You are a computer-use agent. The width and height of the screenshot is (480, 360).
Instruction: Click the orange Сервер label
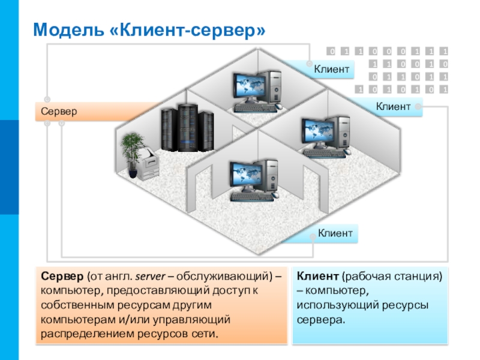pos(59,111)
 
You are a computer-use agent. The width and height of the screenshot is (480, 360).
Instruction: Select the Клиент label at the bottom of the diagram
pos(335,233)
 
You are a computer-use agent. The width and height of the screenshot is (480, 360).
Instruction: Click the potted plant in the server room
pos(132,154)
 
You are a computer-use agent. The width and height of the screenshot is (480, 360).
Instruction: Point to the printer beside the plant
pos(148,164)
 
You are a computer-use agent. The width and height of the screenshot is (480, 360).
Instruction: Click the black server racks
pos(187,128)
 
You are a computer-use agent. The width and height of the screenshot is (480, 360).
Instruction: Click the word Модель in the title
pos(68,29)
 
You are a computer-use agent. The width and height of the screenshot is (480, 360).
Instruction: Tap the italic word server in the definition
pos(151,277)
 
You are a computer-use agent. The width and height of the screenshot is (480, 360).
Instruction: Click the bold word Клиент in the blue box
pos(317,276)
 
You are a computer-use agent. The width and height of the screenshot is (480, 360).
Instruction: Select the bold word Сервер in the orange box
pos(62,276)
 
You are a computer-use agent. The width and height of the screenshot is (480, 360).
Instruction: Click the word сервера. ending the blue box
pos(320,320)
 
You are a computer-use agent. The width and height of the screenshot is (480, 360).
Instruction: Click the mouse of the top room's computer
pos(278,106)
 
